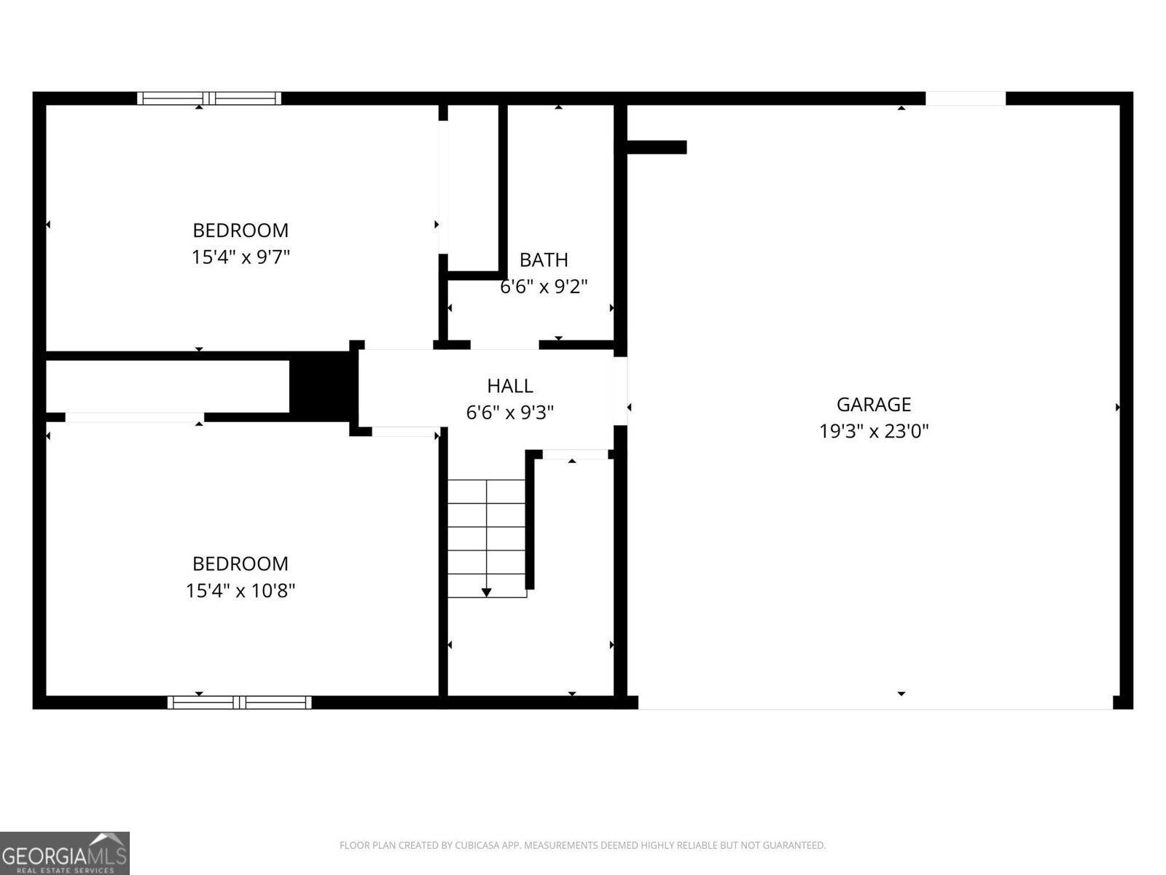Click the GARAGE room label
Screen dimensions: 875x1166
pyautogui.click(x=874, y=404)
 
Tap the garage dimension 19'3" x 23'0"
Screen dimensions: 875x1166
pyautogui.click(x=874, y=431)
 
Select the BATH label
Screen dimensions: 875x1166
pyautogui.click(x=544, y=260)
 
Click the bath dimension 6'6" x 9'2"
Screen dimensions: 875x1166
pyautogui.click(x=544, y=287)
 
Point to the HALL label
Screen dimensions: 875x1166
pyautogui.click(x=509, y=386)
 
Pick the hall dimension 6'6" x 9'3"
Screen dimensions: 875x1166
pyautogui.click(x=509, y=413)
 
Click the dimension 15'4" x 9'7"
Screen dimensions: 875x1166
pyautogui.click(x=240, y=257)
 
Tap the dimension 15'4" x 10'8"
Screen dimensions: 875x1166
pyautogui.click(x=240, y=590)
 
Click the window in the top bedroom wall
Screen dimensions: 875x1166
pyautogui.click(x=209, y=98)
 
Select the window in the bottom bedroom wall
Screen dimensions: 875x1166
pyautogui.click(x=240, y=702)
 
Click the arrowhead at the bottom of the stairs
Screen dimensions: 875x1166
pyautogui.click(x=486, y=592)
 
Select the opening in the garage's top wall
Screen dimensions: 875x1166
pyautogui.click(x=965, y=98)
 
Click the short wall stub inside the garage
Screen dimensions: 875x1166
pyautogui.click(x=657, y=147)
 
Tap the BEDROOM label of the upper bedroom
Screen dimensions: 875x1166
pyautogui.click(x=240, y=230)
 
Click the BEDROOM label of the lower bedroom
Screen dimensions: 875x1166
pyautogui.click(x=240, y=564)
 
